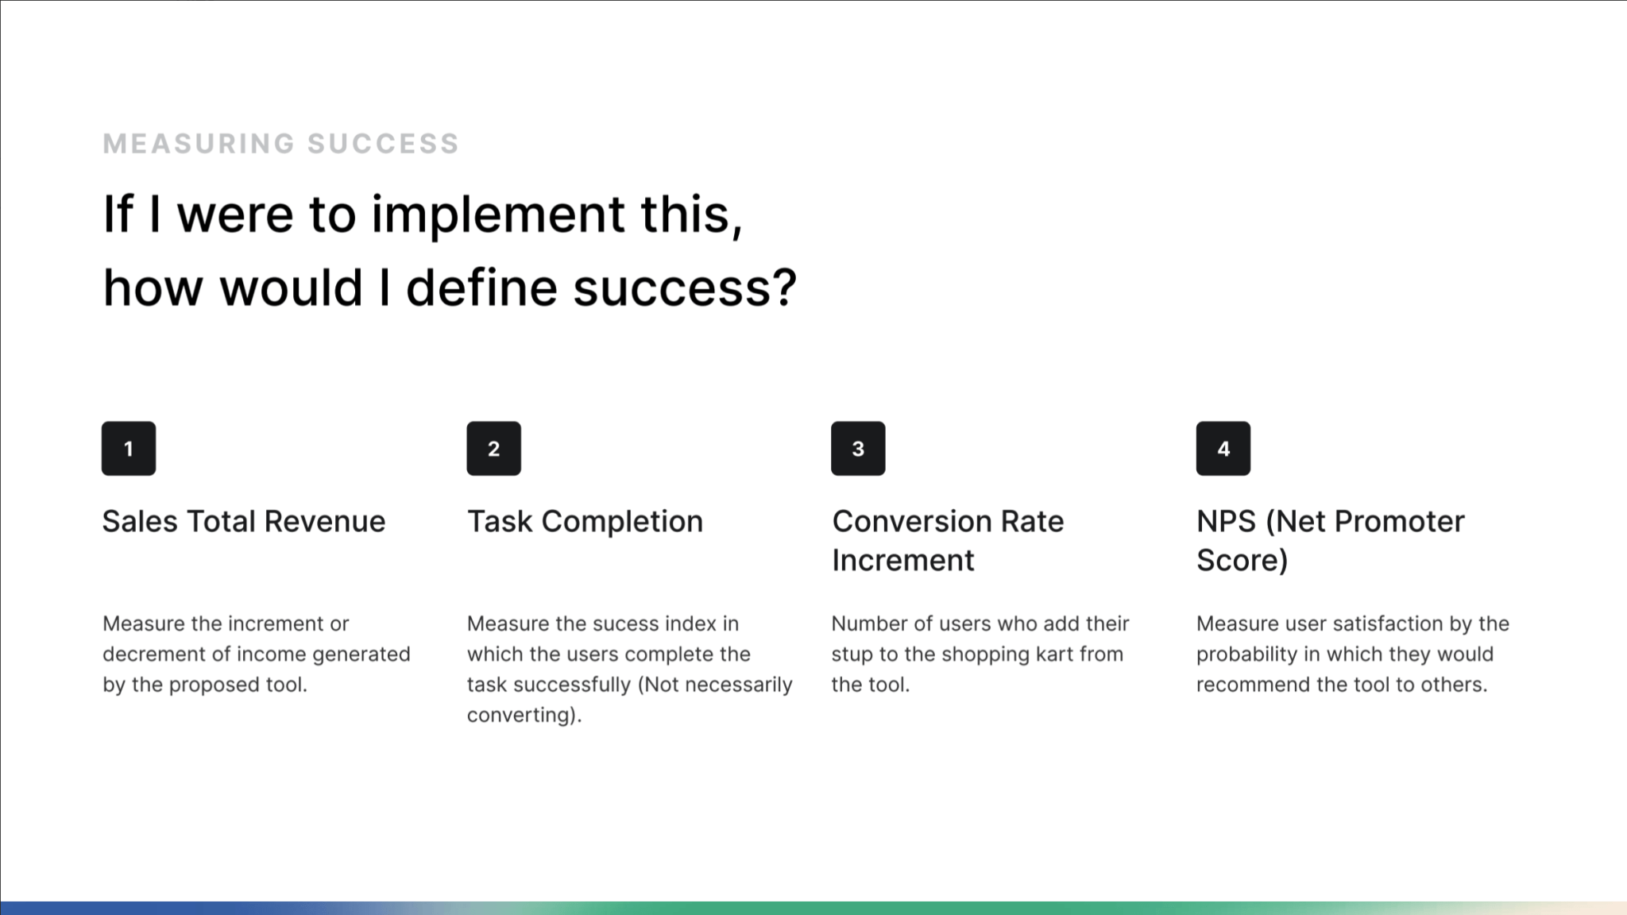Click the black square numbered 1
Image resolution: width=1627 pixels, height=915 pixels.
(x=129, y=449)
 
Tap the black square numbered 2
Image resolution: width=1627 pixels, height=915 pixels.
(x=493, y=449)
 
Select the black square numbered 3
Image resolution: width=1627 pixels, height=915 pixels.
(x=858, y=449)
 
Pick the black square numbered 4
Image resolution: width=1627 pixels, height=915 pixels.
(x=1223, y=449)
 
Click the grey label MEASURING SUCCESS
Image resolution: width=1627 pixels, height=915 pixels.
(x=281, y=144)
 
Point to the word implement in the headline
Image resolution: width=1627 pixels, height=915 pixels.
(x=498, y=216)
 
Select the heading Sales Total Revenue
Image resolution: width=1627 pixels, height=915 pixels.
(x=244, y=522)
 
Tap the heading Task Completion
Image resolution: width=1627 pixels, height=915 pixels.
(x=585, y=523)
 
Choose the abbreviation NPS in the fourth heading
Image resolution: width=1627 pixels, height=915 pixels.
(x=1227, y=522)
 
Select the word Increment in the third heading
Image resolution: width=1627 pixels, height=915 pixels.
(x=902, y=561)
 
